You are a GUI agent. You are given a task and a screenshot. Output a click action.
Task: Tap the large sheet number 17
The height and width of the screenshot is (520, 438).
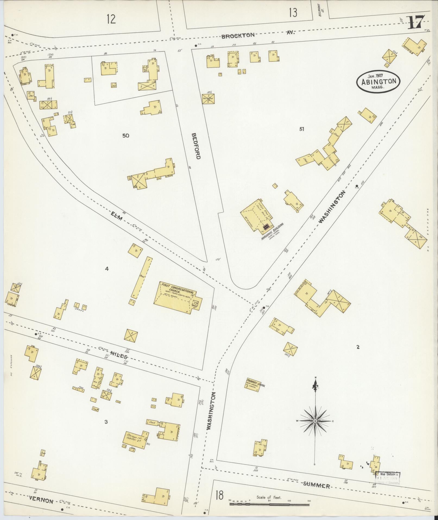416,23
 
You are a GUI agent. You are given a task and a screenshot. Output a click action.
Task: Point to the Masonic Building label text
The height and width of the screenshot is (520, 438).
272,232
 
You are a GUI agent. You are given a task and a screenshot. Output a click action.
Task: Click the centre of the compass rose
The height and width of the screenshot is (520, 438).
315,429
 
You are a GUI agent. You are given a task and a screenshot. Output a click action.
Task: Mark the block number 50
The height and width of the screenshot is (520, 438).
126,135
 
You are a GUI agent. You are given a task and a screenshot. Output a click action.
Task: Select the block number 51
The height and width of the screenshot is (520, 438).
301,129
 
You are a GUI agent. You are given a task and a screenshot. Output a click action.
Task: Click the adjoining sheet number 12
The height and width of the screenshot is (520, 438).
111,19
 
